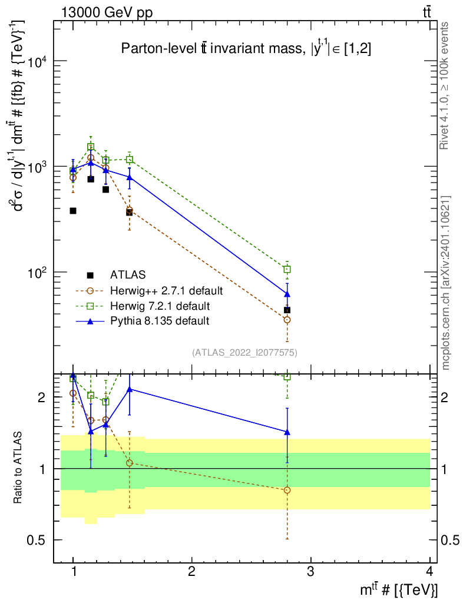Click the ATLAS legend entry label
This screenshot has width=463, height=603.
(128, 275)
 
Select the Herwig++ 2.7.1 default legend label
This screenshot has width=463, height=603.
(166, 291)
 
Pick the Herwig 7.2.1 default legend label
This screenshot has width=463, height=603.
(160, 306)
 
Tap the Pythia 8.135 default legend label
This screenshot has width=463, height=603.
(160, 321)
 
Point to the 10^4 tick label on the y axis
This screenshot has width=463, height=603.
(37, 61)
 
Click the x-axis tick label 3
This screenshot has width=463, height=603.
(310, 571)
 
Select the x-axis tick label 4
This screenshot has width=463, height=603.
(429, 571)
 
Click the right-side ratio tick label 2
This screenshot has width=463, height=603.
(445, 397)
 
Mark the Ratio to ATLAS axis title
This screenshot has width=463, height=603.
(18, 468)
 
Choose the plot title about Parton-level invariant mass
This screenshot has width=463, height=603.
(246, 48)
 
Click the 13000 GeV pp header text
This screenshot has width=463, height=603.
(107, 13)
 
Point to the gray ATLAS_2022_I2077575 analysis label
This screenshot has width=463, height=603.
(244, 353)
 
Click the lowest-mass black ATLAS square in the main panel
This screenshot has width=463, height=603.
(73, 211)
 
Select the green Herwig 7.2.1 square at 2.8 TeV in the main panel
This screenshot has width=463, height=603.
(287, 269)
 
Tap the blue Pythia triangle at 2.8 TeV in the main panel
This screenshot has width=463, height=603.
(287, 294)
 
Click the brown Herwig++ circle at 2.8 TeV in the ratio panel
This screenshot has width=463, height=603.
(287, 491)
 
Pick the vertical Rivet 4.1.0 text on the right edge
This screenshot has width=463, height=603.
(444, 85)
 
